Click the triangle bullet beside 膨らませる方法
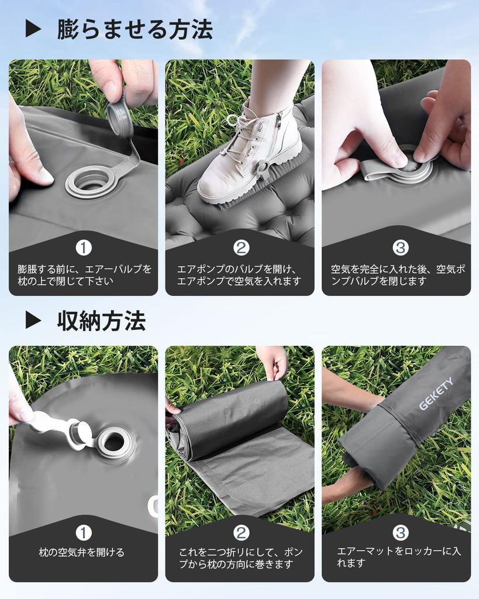(33, 29)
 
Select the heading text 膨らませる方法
(135, 29)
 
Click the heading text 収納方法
(101, 320)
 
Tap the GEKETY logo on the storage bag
(436, 394)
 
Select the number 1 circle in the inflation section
(84, 247)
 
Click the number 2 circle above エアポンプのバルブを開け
(241, 247)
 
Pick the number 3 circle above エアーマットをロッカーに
(400, 532)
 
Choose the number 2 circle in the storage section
(241, 532)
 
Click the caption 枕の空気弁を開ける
(82, 552)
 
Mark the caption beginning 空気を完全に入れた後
(398, 275)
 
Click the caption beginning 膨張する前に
(84, 275)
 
